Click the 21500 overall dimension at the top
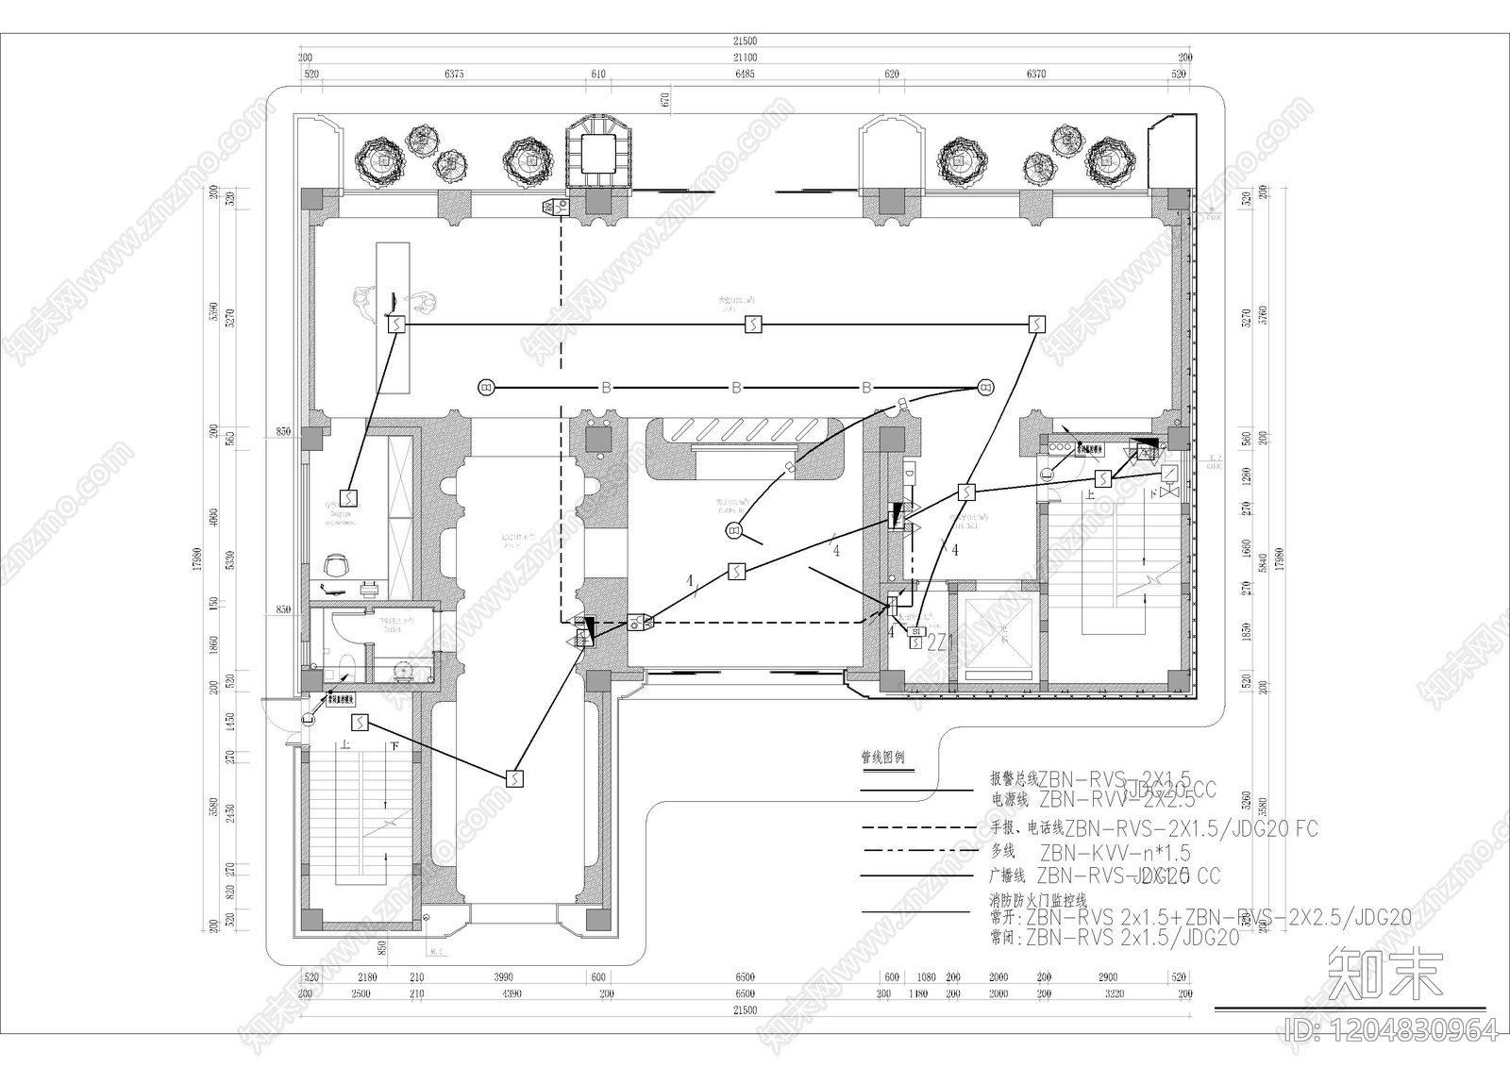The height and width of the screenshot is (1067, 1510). [x=745, y=41]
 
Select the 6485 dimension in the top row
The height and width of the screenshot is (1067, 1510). [x=744, y=74]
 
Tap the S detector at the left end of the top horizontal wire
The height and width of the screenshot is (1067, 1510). [x=396, y=325]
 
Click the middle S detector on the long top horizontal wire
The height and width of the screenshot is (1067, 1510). [x=753, y=325]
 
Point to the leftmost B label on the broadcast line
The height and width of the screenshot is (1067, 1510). [x=607, y=388]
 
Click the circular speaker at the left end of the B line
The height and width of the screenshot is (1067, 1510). [x=486, y=387]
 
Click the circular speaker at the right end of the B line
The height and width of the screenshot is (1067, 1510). [x=985, y=386]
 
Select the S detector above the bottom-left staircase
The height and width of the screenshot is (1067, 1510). [x=360, y=724]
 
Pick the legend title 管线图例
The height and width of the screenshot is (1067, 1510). [x=882, y=757]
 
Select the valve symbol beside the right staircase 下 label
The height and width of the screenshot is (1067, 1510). [x=1168, y=492]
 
